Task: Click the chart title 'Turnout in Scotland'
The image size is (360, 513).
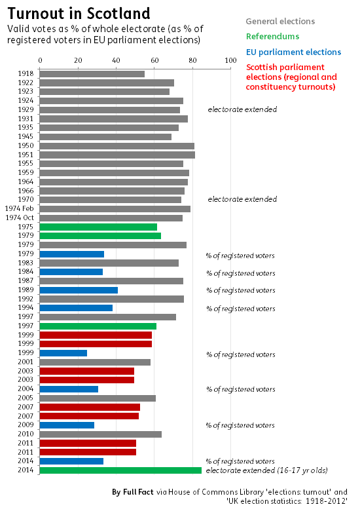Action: click(79, 14)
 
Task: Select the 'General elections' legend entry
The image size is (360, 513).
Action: click(280, 21)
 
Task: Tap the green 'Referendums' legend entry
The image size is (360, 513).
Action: click(273, 36)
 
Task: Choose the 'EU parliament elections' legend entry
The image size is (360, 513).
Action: click(294, 52)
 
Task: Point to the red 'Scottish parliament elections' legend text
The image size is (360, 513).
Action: click(291, 77)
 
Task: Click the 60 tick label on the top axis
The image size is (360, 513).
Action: click(154, 60)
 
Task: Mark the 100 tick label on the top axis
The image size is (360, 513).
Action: click(230, 60)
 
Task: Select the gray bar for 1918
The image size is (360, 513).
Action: click(92, 74)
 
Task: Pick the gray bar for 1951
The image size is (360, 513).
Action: click(117, 155)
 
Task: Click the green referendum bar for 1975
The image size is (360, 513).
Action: click(98, 227)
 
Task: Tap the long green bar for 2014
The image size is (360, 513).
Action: click(120, 470)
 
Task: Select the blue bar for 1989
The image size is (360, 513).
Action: click(79, 290)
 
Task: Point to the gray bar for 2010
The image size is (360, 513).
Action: click(100, 434)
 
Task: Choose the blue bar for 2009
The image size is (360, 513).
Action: click(67, 425)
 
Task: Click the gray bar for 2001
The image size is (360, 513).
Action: click(95, 362)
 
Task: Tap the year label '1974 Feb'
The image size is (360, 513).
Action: click(19, 208)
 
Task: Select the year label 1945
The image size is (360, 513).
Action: click(26, 136)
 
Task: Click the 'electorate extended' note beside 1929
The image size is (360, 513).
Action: click(242, 109)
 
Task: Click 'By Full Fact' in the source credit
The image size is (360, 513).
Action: click(132, 492)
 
